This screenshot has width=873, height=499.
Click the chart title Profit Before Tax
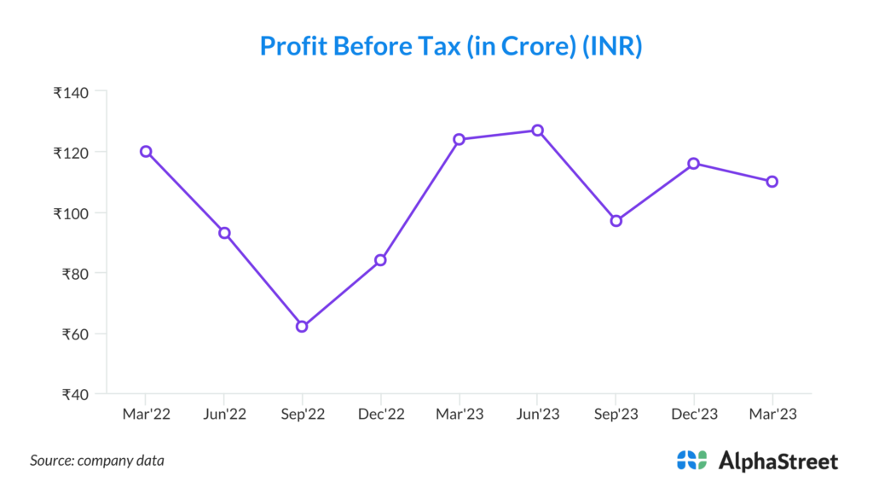[450, 46]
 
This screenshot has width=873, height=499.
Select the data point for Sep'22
[302, 326]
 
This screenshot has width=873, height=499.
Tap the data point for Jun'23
[537, 131]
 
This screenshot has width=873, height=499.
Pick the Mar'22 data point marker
[146, 151]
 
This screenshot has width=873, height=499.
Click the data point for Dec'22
[380, 259]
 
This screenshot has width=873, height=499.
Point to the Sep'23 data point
[616, 221]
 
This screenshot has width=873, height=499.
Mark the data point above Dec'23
[694, 163]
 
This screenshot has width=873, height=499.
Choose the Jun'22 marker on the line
[224, 233]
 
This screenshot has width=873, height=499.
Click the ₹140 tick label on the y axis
[72, 91]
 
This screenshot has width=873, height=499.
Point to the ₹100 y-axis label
[72, 212]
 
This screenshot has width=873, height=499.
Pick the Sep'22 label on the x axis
[302, 414]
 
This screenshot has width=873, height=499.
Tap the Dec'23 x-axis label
[694, 414]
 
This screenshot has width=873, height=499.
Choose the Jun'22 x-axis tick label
[223, 414]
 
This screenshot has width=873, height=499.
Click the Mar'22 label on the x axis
[146, 414]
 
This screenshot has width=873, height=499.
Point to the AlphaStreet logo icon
[691, 460]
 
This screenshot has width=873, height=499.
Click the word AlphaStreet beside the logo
[778, 461]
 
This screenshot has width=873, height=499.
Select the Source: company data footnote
[97, 461]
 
